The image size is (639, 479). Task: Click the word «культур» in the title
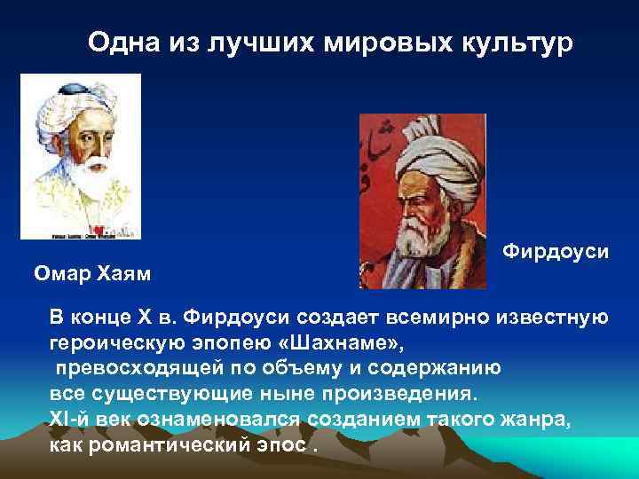(x=512, y=42)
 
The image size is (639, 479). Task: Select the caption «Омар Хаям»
(x=92, y=273)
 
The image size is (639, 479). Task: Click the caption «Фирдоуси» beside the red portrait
(x=556, y=252)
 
